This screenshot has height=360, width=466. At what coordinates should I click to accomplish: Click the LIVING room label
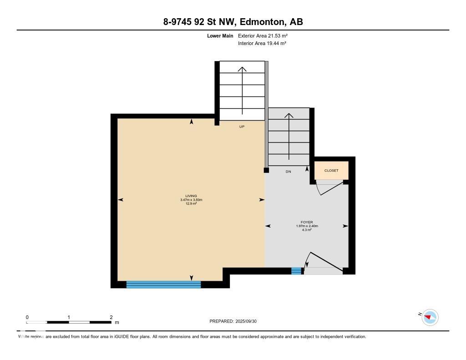(x=191, y=196)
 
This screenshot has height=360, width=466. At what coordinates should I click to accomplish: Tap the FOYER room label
(x=307, y=222)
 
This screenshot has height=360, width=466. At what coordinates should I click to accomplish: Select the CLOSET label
(x=331, y=171)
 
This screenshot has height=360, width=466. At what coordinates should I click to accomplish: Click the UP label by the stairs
(x=242, y=127)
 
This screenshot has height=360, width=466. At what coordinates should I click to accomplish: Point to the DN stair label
(x=288, y=172)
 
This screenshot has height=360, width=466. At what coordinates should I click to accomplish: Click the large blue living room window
(x=164, y=284)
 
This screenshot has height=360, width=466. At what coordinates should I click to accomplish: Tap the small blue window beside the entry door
(x=296, y=271)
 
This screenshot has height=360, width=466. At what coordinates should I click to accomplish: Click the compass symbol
(x=430, y=318)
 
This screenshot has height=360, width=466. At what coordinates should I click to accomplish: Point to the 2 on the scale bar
(x=111, y=317)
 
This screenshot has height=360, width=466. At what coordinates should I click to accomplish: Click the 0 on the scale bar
(x=27, y=317)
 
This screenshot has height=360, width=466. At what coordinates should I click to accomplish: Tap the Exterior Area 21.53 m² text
(x=263, y=35)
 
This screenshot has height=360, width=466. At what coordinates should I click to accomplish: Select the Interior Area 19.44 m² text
(x=262, y=43)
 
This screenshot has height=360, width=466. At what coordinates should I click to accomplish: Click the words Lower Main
(x=220, y=35)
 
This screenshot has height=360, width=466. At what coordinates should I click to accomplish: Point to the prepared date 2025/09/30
(x=246, y=321)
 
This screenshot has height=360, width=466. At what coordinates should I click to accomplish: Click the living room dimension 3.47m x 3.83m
(x=191, y=200)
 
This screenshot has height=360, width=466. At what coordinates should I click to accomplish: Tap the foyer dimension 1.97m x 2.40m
(x=307, y=226)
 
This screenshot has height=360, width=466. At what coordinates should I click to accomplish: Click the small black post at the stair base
(x=266, y=170)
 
